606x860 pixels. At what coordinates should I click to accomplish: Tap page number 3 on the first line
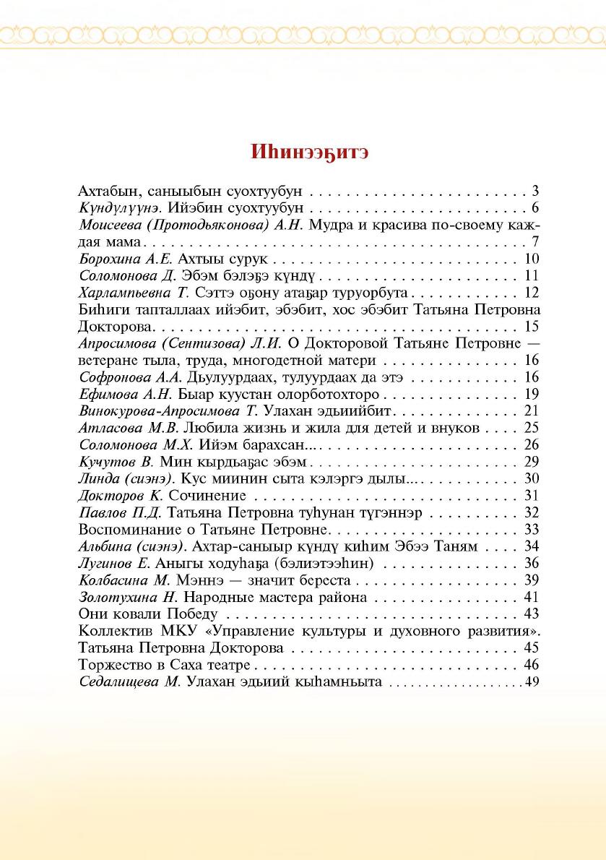(536, 192)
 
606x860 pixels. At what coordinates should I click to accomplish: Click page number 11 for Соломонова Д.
(532, 275)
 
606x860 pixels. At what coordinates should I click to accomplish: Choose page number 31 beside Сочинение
(532, 495)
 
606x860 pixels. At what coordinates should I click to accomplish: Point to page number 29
(532, 461)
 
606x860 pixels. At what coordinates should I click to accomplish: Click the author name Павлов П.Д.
(113, 512)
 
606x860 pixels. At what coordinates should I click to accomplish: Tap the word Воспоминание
(123, 529)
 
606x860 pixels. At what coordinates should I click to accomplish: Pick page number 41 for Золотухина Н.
(532, 597)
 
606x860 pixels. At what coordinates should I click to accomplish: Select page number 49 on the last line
(533, 681)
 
